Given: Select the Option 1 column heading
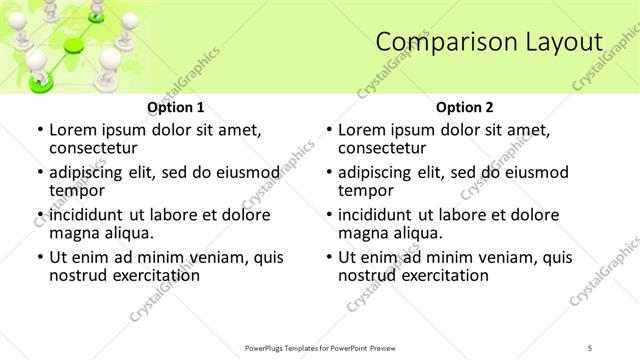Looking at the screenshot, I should [x=175, y=107].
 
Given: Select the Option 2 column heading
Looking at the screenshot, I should [x=464, y=107].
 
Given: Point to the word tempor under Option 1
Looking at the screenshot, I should [x=76, y=190].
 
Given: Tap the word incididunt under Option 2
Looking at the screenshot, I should [x=378, y=215].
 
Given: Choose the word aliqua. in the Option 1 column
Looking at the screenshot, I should [x=128, y=233].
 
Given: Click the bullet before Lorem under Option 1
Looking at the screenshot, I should [x=38, y=131].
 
